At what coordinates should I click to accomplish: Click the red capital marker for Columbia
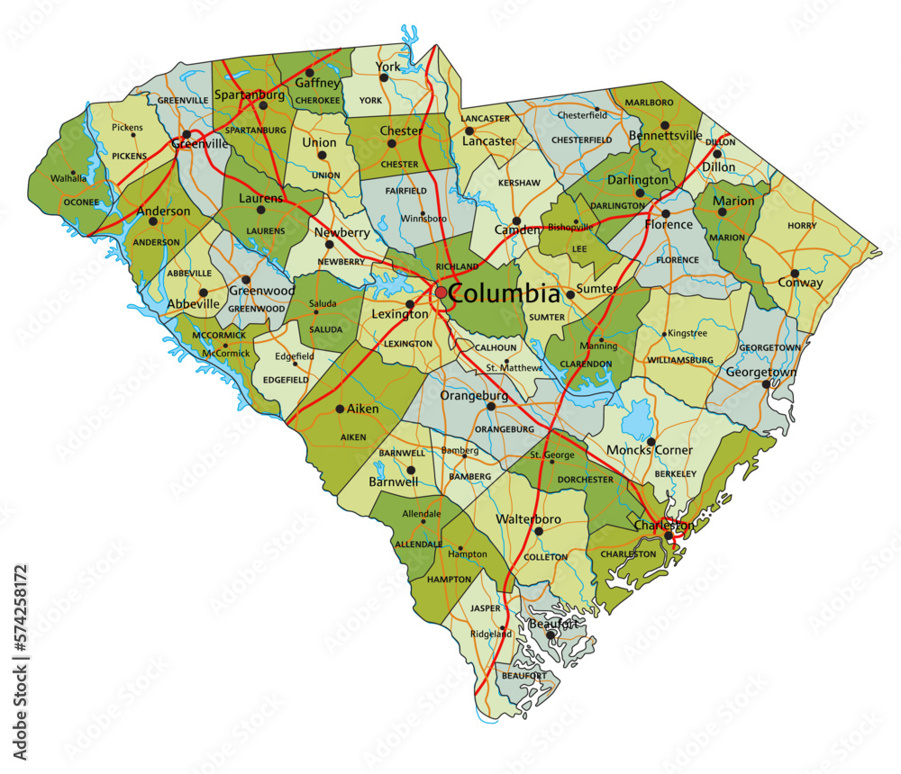point(440,292)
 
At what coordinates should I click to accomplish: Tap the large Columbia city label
point(504,293)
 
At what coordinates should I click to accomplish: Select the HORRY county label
point(801,225)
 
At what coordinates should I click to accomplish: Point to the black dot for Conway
point(795,273)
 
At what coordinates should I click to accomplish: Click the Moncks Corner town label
point(650,450)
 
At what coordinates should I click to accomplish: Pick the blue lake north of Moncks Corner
point(639,418)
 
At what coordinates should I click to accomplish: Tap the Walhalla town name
point(68,177)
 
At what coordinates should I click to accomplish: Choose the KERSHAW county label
point(519,183)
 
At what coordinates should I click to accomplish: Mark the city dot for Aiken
point(340,409)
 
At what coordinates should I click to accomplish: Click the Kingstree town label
point(688,333)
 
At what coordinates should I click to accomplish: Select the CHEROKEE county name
point(318,100)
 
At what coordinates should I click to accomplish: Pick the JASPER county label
point(485,607)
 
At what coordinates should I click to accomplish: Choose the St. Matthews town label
point(514,367)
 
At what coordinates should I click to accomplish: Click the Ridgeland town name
point(491,634)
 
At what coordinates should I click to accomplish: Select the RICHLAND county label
point(457,266)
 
